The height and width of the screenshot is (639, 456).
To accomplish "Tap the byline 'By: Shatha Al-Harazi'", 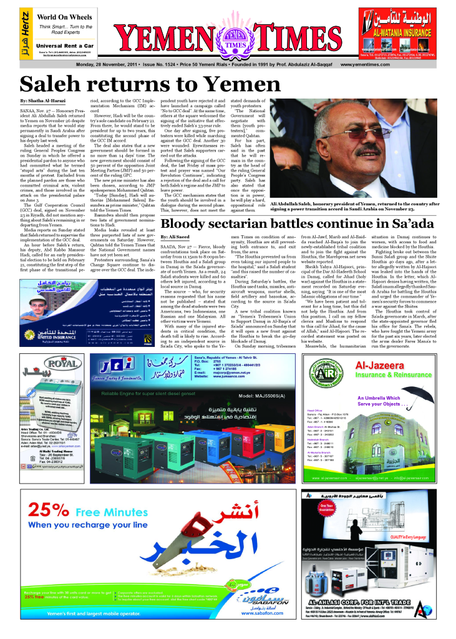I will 44,100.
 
